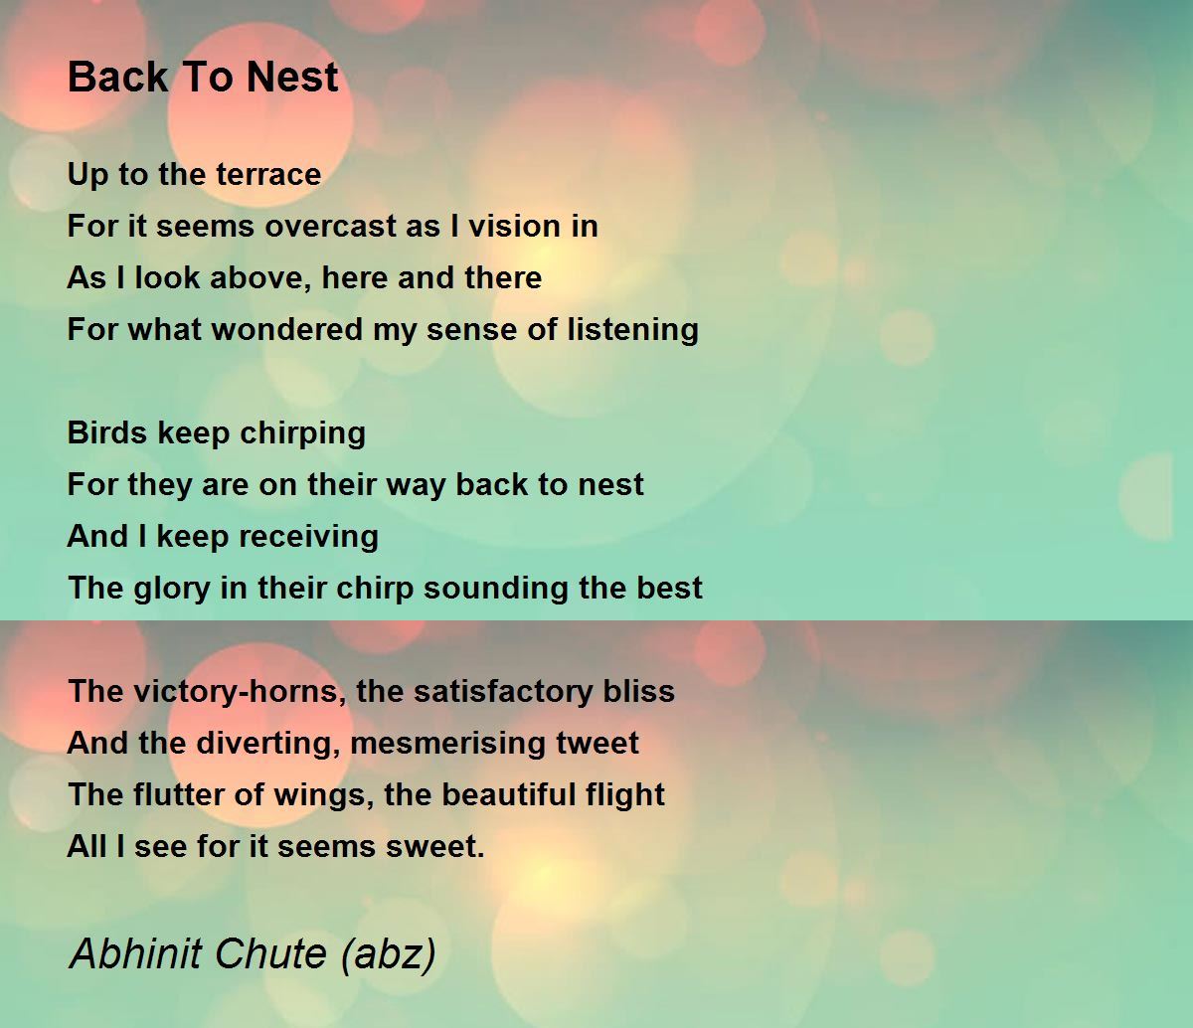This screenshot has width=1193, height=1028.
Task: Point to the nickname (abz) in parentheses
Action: coord(388,954)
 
